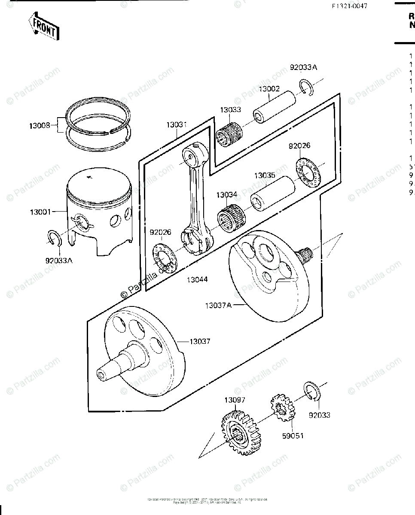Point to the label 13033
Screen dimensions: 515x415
pos(231,110)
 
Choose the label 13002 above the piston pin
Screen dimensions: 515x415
pos(269,89)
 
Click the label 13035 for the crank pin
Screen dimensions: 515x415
pos(265,176)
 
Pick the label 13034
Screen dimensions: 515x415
pos(227,195)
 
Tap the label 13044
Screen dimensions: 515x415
pos(197,279)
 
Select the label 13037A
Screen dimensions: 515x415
pos(218,305)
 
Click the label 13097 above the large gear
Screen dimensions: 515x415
pos(235,400)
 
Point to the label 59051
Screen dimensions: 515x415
pos(293,436)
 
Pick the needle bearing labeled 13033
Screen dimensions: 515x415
pos(229,133)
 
